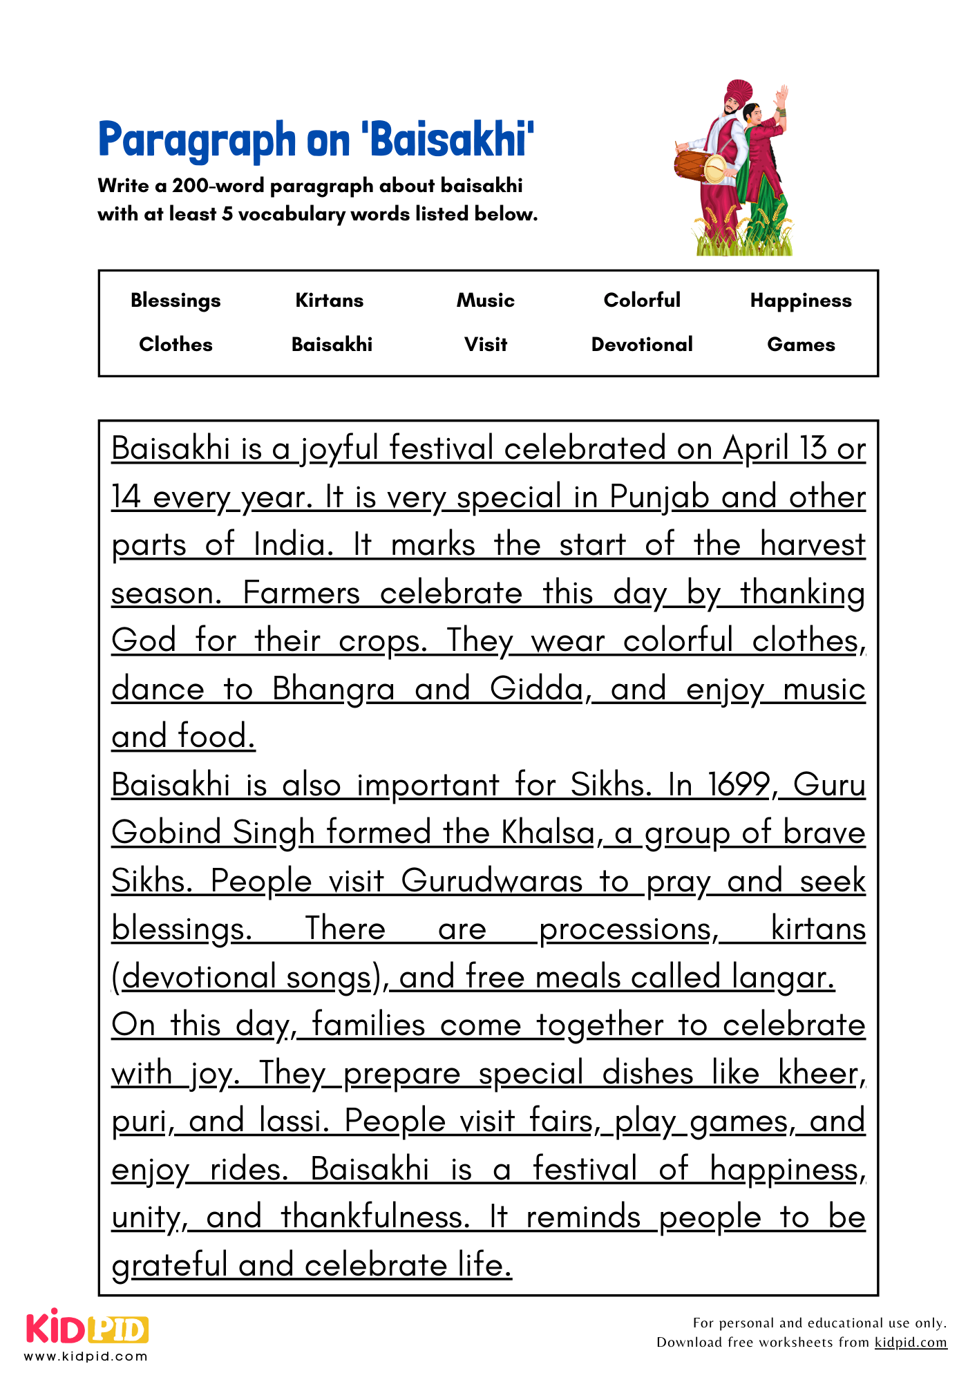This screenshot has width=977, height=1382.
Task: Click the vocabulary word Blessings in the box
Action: point(176,301)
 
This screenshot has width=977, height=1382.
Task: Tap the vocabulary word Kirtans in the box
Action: point(329,301)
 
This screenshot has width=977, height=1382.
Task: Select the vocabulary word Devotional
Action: point(642,345)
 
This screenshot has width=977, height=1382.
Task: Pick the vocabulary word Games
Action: point(801,345)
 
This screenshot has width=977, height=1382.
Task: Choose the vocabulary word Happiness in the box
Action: point(801,301)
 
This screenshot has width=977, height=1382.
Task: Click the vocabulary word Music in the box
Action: point(485,301)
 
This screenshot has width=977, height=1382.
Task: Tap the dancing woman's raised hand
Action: point(781,96)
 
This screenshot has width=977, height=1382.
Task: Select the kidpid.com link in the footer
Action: point(911,1342)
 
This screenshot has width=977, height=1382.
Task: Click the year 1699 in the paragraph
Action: point(738,786)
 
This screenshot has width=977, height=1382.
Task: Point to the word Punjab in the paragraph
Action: point(659,498)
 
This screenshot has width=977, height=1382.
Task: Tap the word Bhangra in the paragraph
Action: point(333,690)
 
